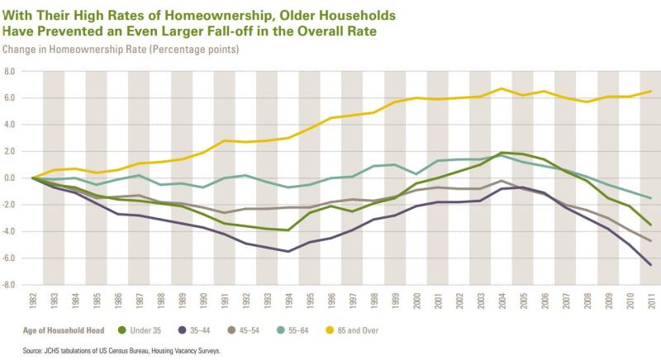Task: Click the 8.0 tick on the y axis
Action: coord(10,72)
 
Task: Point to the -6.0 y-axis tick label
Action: coord(9,258)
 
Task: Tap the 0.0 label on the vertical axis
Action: coord(10,178)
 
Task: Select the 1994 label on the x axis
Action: coord(288,301)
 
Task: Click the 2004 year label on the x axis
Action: coord(502,301)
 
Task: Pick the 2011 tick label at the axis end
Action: coord(651,301)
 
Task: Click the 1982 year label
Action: coord(33,301)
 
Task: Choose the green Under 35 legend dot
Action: coord(122,330)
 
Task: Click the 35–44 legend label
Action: coord(200,330)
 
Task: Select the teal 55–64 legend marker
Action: coord(281,330)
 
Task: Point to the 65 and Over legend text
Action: coord(358,330)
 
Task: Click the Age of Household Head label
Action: coord(64,330)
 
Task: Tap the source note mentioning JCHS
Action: coord(121,350)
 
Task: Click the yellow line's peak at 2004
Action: coord(502,88)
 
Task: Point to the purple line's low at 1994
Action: coord(288,251)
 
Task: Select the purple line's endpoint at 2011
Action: coord(651,265)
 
